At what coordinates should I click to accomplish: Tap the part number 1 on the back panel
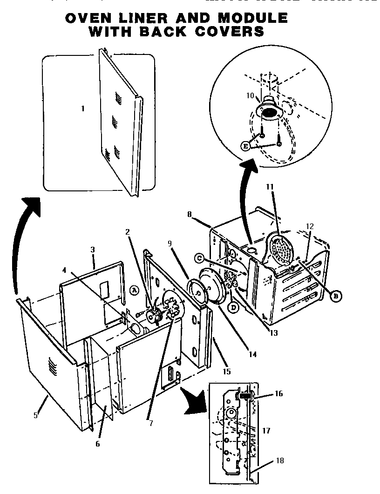click(x=83, y=109)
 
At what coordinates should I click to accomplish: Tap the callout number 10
click(x=250, y=95)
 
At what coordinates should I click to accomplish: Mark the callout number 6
click(x=97, y=443)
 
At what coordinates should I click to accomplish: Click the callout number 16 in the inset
click(x=279, y=394)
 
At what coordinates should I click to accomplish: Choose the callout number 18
click(x=279, y=461)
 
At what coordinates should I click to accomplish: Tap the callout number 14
click(x=252, y=354)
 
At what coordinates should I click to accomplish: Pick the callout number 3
click(x=93, y=250)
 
